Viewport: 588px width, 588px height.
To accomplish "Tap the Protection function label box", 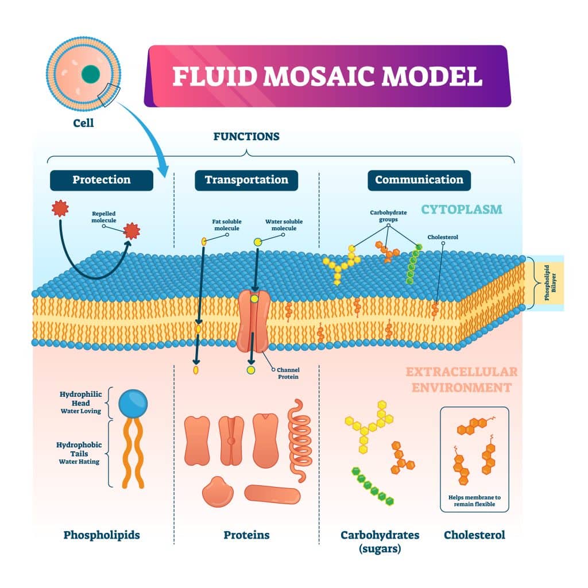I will coord(101,180).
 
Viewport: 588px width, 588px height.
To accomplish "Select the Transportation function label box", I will coord(246,180).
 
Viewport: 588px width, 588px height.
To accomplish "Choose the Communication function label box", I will coord(419,180).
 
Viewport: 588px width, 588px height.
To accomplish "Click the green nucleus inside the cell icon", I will coord(90,74).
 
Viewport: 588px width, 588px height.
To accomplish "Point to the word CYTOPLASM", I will coord(462,209).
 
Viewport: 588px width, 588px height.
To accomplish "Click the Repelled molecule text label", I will coord(104,216).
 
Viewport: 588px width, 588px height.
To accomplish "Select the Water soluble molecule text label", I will coord(284,225).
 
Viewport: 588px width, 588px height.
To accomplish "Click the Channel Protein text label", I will coord(288,373).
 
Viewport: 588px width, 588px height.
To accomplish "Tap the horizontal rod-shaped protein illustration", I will coord(272,494).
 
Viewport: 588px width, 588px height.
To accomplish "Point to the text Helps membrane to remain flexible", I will coord(474,500).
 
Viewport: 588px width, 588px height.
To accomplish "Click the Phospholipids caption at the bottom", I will coord(101,535).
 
